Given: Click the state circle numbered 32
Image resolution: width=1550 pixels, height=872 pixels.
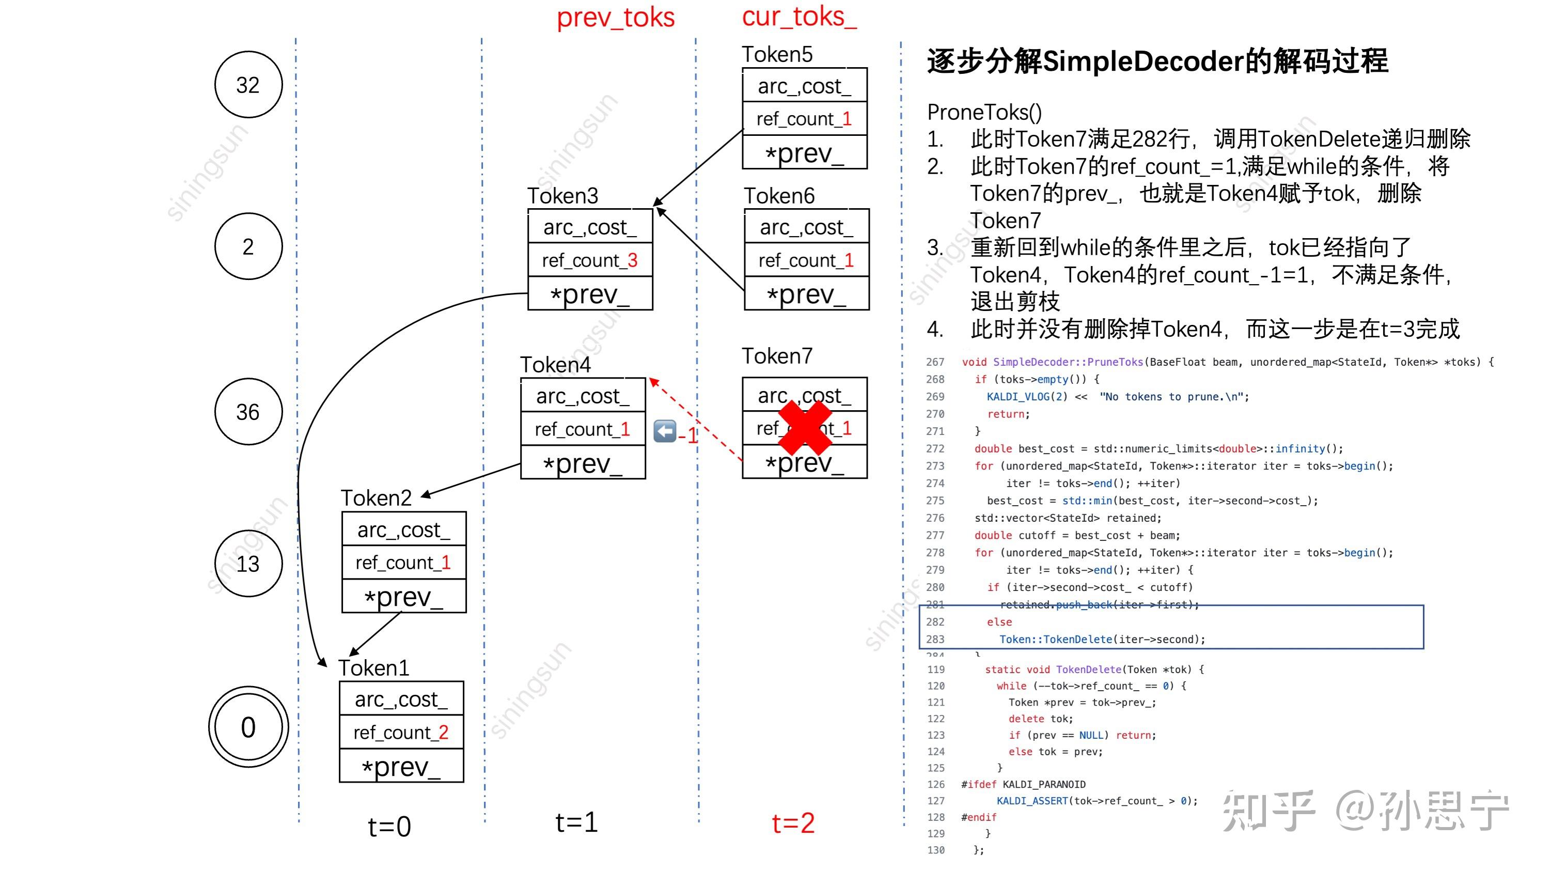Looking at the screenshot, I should [248, 85].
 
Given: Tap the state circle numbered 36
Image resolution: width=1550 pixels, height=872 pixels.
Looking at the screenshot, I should [248, 412].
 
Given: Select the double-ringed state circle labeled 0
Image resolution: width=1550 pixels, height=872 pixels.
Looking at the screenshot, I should [248, 727].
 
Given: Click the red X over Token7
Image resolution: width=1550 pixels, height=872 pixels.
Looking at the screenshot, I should [805, 428].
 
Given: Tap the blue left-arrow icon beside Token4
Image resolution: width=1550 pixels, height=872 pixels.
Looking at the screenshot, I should [665, 431].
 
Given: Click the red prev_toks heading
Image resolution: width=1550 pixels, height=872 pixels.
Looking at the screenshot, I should [615, 18].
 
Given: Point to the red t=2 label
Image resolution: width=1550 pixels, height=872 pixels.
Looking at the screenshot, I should [793, 822].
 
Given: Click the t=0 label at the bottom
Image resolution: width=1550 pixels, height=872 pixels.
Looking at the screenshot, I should [389, 826].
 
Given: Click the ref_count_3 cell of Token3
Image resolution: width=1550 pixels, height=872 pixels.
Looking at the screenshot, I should [590, 260].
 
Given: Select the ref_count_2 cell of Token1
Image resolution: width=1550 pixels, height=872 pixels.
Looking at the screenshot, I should [401, 733].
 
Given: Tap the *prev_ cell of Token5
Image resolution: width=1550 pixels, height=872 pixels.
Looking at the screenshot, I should [805, 153].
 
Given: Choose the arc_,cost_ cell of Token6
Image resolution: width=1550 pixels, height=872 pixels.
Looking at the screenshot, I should [806, 227].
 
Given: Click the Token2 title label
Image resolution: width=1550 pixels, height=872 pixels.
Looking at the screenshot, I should [376, 497].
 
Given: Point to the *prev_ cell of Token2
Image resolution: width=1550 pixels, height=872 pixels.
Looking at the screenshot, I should [404, 596].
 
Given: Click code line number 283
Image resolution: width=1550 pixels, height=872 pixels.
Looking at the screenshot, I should [935, 639].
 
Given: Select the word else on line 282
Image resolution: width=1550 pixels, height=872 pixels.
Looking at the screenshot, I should [999, 621].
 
